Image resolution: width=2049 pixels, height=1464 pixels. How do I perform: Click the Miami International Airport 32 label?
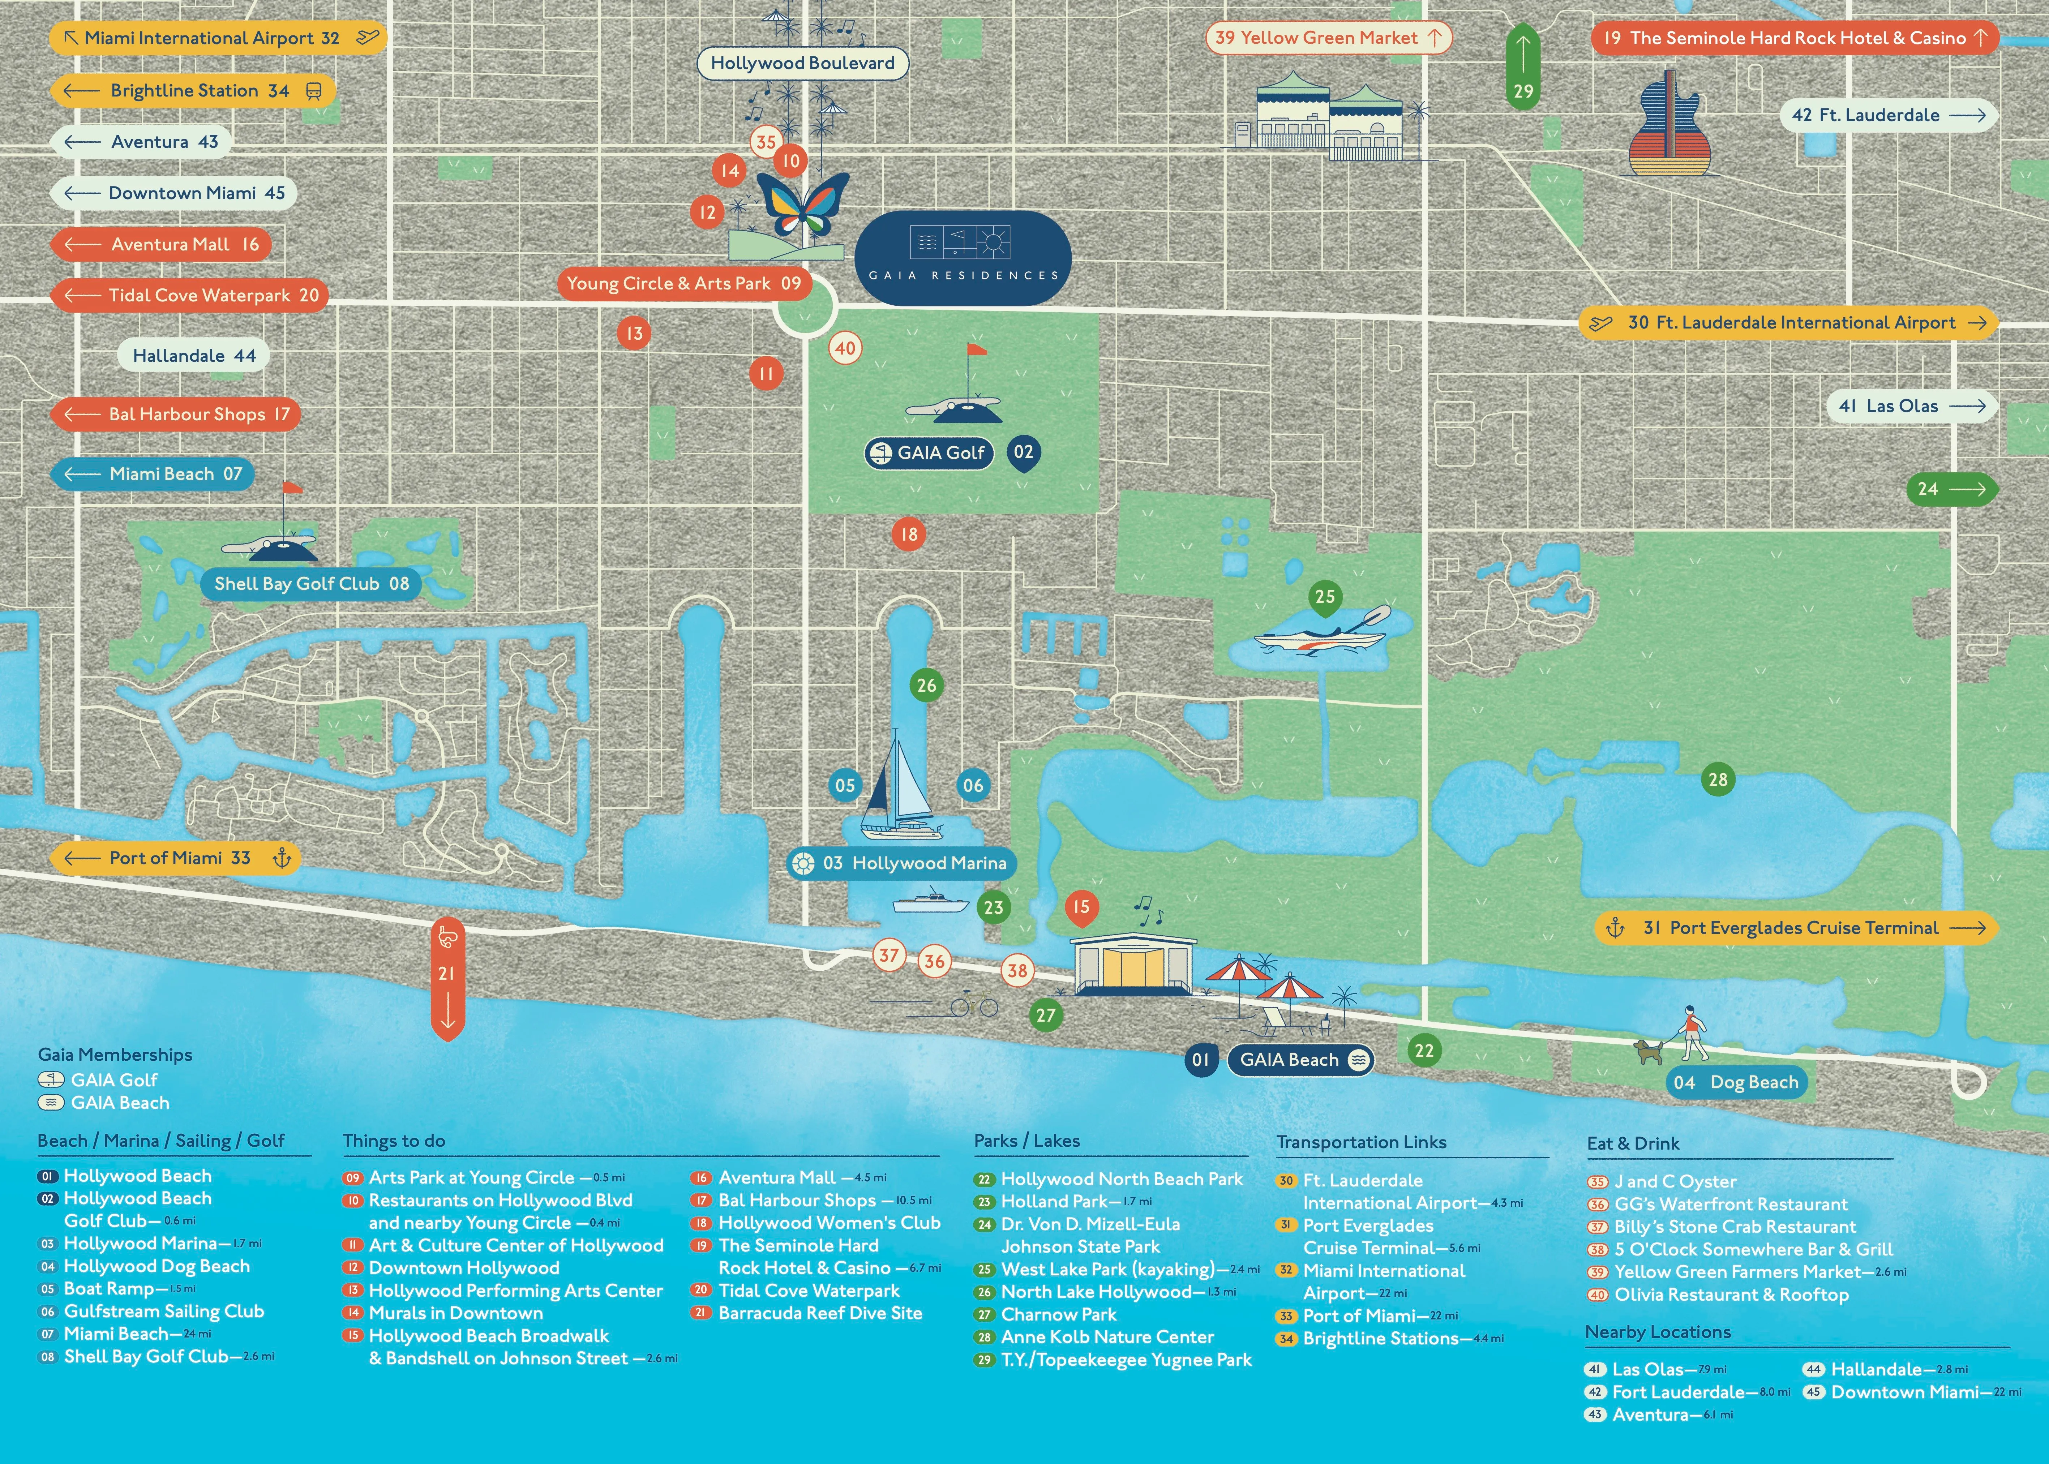[217, 38]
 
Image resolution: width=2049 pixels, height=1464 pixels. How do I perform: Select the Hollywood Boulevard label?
[802, 63]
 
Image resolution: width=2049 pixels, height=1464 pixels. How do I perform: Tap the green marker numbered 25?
[1324, 597]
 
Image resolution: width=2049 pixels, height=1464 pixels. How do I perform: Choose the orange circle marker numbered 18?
[909, 534]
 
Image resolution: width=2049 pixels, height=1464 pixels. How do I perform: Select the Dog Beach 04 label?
[1735, 1082]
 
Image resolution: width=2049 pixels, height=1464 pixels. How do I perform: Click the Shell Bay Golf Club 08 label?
[311, 583]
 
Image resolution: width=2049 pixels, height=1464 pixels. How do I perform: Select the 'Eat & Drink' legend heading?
[1633, 1143]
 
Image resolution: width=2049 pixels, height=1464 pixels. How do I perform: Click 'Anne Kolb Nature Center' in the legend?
[1107, 1337]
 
